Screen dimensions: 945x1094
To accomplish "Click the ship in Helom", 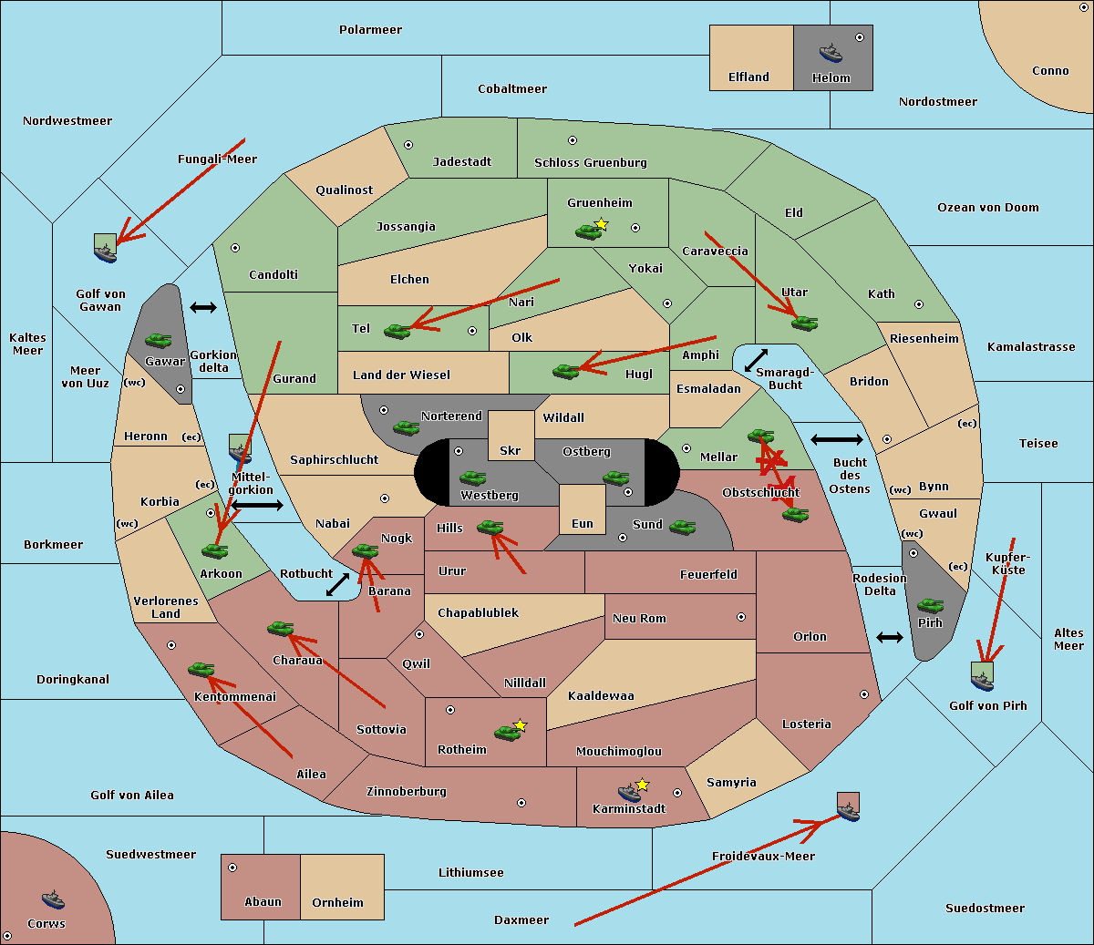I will pos(830,52).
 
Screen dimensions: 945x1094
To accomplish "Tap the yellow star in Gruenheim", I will pos(601,224).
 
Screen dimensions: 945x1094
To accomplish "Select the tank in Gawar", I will pos(159,341).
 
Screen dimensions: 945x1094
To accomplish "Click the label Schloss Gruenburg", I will pos(590,163).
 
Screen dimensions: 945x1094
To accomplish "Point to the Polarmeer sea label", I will pos(370,30).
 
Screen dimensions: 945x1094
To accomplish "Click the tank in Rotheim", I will pos(507,732).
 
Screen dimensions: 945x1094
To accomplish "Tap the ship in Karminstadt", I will pos(629,792).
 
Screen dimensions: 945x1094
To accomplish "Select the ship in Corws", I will pos(54,899).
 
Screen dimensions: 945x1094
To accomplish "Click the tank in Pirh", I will pos(930,605).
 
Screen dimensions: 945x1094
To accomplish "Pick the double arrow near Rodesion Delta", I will pos(889,637).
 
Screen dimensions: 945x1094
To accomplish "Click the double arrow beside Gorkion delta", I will pos(202,308).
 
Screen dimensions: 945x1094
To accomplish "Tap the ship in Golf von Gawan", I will pos(106,248).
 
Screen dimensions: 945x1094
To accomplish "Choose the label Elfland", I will pos(748,77).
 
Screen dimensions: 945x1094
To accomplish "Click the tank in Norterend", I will pos(406,426).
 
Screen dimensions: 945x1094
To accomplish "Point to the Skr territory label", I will pos(511,450).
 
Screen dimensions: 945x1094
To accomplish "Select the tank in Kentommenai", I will pos(201,669).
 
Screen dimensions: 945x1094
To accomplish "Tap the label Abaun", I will pos(263,902).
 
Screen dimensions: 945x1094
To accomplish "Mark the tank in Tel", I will pos(397,331).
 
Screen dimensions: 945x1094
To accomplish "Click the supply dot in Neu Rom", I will pos(740,617).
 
